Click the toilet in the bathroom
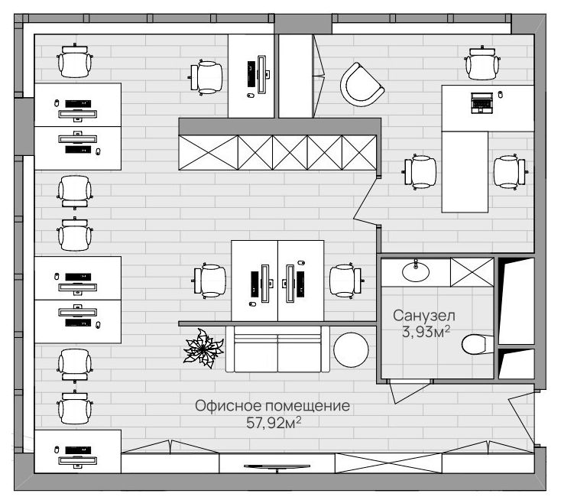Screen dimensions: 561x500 478,344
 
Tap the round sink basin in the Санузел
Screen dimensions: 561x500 415,271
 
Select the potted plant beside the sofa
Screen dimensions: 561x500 203,349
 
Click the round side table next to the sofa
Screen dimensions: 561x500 351,349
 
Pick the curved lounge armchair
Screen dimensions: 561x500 362,85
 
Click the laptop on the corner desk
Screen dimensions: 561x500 482,102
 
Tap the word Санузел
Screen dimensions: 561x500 424,316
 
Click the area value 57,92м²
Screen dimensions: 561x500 274,423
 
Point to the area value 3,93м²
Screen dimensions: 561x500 426,332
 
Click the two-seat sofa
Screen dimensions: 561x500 277,349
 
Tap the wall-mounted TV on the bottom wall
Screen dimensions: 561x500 277,466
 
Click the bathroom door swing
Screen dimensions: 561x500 409,392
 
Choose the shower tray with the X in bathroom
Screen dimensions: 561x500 472,272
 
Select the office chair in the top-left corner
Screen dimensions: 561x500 75,61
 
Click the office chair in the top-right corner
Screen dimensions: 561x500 482,63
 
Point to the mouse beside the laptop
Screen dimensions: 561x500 500,95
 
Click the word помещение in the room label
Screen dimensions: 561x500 308,406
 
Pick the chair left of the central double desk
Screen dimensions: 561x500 210,281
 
